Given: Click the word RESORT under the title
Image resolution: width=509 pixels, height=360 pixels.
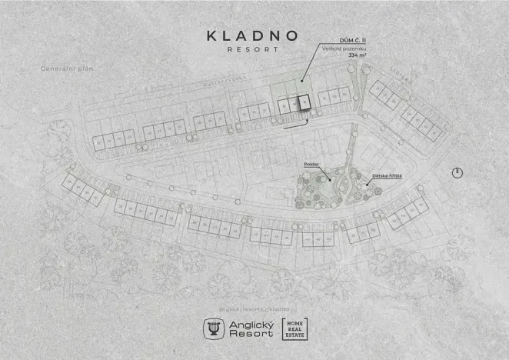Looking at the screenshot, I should coord(253,50).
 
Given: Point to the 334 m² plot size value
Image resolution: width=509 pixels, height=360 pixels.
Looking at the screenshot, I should coord(358,55).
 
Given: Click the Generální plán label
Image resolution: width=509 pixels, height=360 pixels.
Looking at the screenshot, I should coord(66,68).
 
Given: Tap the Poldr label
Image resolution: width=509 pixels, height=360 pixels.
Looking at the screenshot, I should coord(311,165).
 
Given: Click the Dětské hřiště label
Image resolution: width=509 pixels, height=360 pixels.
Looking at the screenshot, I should coord(387,176).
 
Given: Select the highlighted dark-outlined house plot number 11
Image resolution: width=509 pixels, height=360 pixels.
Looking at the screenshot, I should coord(303,104).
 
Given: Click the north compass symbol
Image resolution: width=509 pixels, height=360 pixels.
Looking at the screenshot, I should coord(457,172).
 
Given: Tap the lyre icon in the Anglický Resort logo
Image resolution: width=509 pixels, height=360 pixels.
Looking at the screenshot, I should coord(212,328).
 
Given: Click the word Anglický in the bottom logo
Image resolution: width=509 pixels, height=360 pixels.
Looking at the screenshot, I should coord(248,324).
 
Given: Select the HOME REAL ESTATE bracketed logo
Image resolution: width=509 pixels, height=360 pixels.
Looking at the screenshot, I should coord(295,328).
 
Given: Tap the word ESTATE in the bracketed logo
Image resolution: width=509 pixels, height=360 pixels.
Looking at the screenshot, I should coord(295,336).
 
